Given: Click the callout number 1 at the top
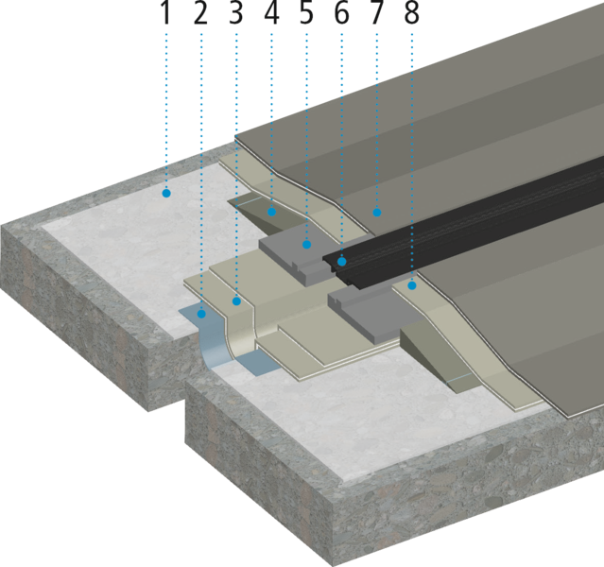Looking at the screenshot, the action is point(166,13).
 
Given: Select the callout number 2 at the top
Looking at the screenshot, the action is point(200,13).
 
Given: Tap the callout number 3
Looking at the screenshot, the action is point(236,13).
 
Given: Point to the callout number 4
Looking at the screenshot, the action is point(271,13).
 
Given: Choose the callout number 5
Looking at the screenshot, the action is point(306,13).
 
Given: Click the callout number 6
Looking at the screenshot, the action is point(341,13).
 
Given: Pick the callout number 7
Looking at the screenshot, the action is point(377,13).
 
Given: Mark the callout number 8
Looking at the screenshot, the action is point(412,13).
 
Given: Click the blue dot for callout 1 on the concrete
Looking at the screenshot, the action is point(166,193).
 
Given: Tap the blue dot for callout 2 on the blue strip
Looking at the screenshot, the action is point(201,314).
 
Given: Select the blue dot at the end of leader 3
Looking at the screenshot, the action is point(236,301).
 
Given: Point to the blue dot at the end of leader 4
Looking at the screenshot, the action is point(271,212).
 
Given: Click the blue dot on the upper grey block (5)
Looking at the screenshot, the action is point(306,244).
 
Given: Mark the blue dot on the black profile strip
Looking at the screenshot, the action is point(341,262).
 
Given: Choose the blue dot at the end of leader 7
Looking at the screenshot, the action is point(377,213).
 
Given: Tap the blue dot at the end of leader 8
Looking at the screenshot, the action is point(412,285).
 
